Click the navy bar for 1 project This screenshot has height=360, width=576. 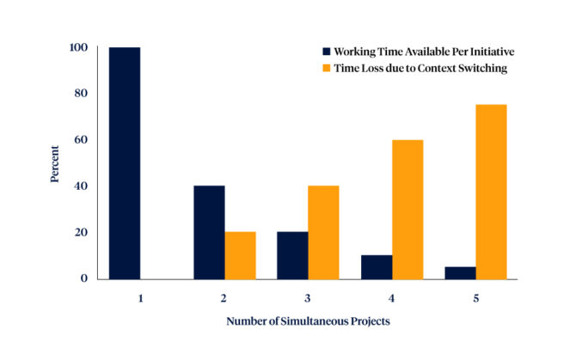(125, 163)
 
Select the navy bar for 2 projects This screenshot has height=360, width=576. (209, 232)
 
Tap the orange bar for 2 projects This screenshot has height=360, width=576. (241, 255)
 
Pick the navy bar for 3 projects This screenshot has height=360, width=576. (292, 255)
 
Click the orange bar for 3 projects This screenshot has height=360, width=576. (324, 232)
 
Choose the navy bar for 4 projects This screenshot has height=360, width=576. (377, 266)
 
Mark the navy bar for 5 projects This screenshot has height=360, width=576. (460, 272)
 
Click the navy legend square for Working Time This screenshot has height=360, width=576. (326, 52)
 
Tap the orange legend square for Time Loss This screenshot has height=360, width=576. (326, 69)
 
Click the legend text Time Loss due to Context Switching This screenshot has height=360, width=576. (420, 69)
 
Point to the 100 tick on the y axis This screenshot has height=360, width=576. (79, 47)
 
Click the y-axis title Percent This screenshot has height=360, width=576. (54, 162)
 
